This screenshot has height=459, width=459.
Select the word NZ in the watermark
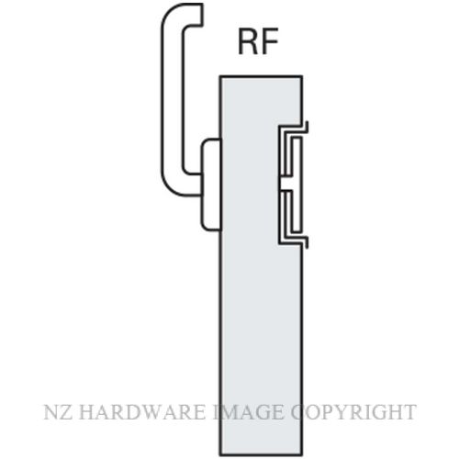click(x=59, y=412)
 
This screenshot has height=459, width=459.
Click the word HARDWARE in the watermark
click(x=142, y=412)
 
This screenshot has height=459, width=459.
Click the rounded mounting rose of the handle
click(x=211, y=185)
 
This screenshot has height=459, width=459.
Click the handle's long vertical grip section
click(x=172, y=101)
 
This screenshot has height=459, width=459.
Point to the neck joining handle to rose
click(x=193, y=185)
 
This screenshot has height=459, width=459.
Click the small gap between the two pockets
click(x=285, y=184)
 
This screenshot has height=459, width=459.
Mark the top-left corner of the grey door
click(x=220, y=76)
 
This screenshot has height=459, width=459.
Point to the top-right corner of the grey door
click(x=302, y=76)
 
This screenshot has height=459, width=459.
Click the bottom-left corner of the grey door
click(x=220, y=454)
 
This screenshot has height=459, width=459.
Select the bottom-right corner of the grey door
click(x=302, y=454)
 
